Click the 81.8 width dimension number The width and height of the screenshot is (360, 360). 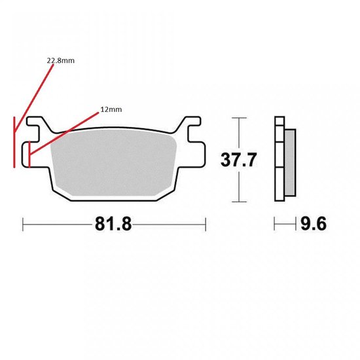pyautogui.click(x=113, y=224)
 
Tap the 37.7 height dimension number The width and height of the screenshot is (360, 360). pyautogui.click(x=238, y=160)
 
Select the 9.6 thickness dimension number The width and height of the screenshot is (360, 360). pyautogui.click(x=314, y=224)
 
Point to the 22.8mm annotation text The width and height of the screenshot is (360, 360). pyautogui.click(x=61, y=61)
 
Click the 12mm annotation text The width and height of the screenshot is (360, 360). pyautogui.click(x=111, y=109)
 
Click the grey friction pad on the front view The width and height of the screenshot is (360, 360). pyautogui.click(x=113, y=162)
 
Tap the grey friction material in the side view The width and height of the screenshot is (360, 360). pyautogui.click(x=290, y=163)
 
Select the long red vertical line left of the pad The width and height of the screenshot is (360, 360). pyautogui.click(x=14, y=142)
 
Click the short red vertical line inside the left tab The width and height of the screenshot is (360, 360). pyautogui.click(x=29, y=154)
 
